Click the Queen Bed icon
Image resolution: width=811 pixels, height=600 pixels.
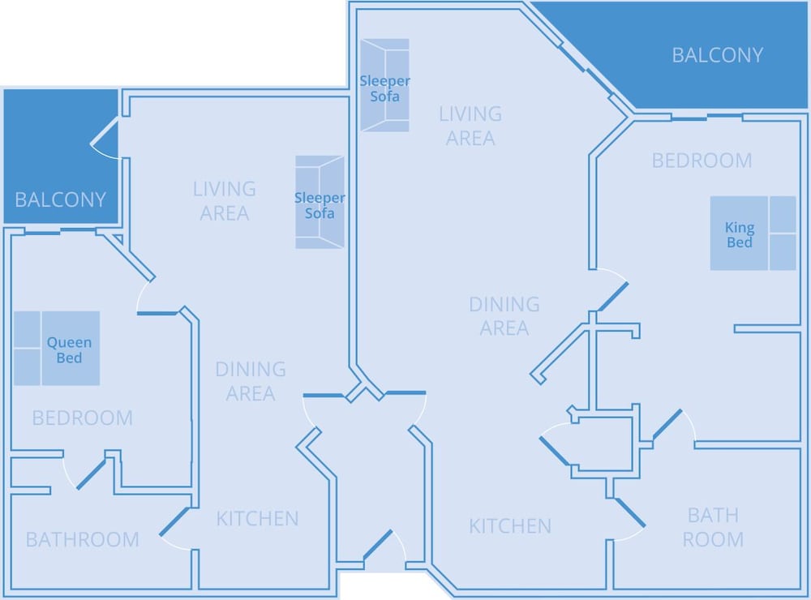point(57,349)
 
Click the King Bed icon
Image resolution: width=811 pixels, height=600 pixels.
point(753,234)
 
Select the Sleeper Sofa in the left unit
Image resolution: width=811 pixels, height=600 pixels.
point(320,203)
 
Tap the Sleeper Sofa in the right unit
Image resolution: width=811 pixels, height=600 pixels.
point(384,86)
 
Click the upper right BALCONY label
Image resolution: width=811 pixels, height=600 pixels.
point(717,55)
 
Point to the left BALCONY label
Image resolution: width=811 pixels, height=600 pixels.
point(61,199)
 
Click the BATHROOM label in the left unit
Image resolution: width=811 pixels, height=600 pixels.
point(82,539)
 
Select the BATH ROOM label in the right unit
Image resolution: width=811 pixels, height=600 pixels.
point(713,527)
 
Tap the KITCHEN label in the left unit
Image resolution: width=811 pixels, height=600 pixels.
point(257,518)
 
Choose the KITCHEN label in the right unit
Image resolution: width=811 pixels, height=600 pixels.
point(510,526)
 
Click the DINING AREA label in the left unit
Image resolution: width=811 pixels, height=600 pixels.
point(251,381)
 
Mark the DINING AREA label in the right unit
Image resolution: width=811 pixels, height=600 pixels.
point(504,316)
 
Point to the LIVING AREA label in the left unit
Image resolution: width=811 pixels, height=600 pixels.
point(225,201)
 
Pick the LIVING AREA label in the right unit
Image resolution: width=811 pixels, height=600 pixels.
point(470,126)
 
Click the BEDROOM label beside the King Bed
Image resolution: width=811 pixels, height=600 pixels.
point(702,161)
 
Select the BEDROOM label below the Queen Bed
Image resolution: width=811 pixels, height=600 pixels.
point(82,418)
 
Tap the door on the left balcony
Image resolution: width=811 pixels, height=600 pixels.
point(105,139)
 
